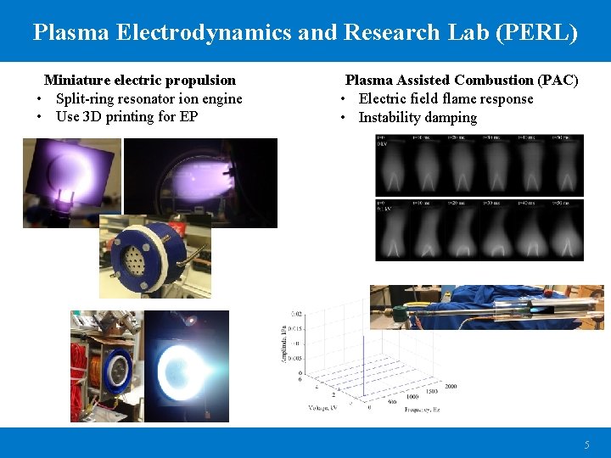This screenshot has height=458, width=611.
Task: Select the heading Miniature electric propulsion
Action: (x=140, y=81)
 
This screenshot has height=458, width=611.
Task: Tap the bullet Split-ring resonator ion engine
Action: (x=149, y=98)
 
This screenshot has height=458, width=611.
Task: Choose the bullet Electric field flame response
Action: (x=446, y=98)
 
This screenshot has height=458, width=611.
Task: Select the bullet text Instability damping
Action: (x=418, y=117)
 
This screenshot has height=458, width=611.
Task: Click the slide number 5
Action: (x=586, y=445)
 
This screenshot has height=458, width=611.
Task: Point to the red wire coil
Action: (x=85, y=373)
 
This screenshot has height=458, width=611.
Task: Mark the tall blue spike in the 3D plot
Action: (x=362, y=356)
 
